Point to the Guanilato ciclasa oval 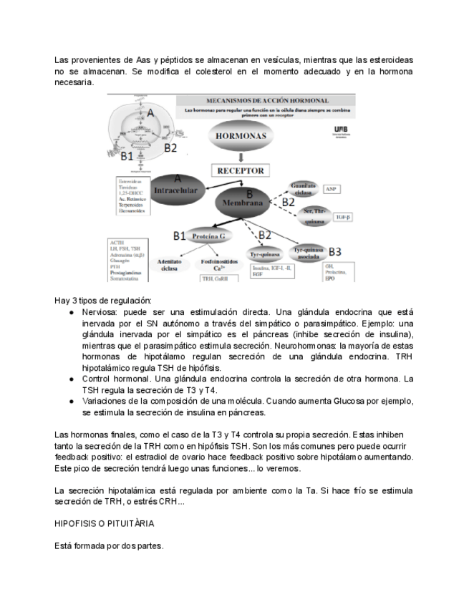[x=301, y=189]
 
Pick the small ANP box [x=331, y=189]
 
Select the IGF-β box [x=343, y=216]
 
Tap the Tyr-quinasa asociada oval [x=309, y=253]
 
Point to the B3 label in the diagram [x=334, y=251]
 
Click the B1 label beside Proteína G [x=180, y=236]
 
